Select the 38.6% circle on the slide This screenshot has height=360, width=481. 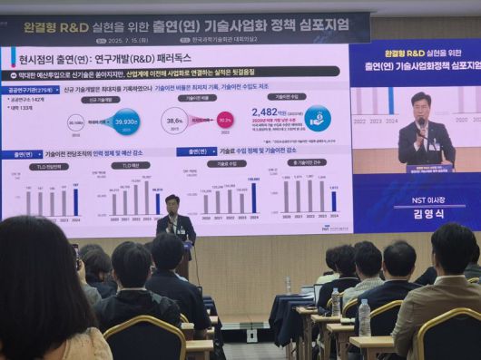(174, 119)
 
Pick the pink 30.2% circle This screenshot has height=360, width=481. (225, 119)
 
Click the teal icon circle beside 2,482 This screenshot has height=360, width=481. (317, 118)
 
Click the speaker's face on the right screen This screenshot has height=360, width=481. (419, 106)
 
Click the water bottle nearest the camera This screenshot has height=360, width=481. (364, 317)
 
